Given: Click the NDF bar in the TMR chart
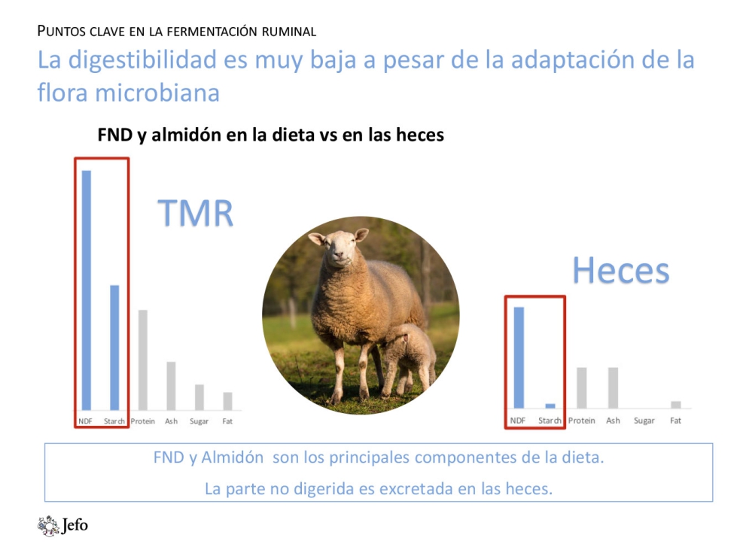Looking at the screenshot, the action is point(87,290).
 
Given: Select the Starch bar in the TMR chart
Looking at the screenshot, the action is point(114,348).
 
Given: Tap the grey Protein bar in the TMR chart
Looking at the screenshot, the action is point(143,360).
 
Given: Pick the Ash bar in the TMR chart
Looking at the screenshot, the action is point(171,386).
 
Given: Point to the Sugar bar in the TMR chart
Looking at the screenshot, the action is point(199,397).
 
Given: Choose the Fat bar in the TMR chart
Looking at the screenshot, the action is point(227,401).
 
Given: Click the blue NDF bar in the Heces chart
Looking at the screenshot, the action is point(519,357).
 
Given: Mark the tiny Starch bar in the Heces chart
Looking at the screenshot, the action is point(550,406).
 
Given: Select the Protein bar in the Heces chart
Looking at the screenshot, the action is point(582,387).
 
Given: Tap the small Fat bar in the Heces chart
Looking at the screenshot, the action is point(676,405).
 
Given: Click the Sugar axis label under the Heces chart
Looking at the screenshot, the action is point(644,421).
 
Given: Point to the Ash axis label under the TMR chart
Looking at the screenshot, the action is point(171,421).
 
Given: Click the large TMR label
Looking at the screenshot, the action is point(195,213).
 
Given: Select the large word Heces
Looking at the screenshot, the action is point(621,270).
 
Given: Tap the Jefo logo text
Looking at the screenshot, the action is point(75,525).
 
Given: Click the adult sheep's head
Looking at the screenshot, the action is point(339,248).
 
